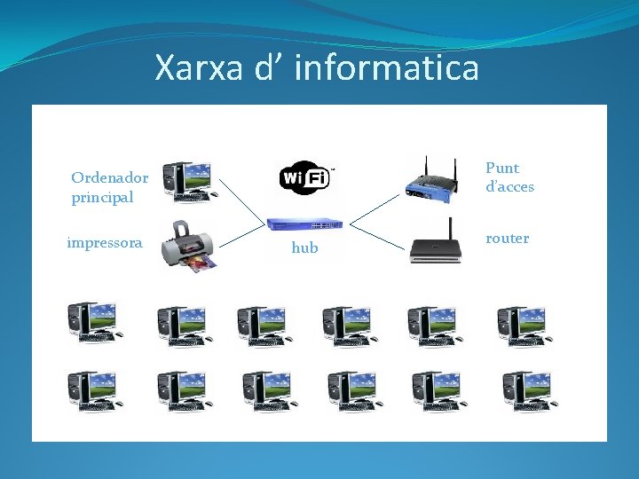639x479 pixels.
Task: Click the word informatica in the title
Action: coord(386,67)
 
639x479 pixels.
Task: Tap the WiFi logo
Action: coord(305,178)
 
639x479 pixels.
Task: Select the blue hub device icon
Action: coord(304,224)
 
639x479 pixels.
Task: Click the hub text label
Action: coord(304,248)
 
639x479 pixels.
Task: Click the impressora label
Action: coord(105,242)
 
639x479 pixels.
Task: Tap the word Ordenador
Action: coord(110,177)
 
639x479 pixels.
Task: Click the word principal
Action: coord(102,197)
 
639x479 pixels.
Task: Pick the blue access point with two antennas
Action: coord(431,180)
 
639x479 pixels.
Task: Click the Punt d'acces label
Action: coord(509,177)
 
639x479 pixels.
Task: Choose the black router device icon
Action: coord(435,243)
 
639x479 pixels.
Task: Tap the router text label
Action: coord(508,238)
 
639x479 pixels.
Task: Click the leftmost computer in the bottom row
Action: coord(93,391)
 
